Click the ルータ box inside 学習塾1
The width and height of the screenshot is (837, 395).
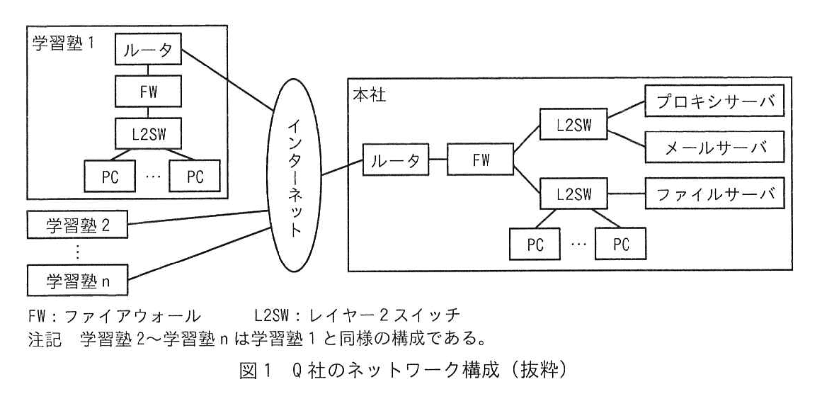[x=148, y=49]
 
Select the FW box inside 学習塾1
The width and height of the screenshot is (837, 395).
[x=148, y=91]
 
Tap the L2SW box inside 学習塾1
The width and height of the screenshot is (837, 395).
[x=148, y=133]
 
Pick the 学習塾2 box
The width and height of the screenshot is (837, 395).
[x=77, y=225]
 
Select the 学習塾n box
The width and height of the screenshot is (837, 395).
[x=77, y=281]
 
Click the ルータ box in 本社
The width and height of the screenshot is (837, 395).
[x=396, y=160]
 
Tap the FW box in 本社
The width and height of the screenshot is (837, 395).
[x=480, y=160]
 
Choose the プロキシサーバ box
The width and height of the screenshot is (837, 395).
[x=714, y=101]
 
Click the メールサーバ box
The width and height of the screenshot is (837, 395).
[x=714, y=147]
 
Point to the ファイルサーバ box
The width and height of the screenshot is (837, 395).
[x=714, y=194]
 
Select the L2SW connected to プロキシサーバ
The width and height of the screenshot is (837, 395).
[x=573, y=124]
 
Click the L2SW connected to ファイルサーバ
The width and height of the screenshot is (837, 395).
[x=573, y=194]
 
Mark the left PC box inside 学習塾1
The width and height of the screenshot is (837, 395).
[x=110, y=176]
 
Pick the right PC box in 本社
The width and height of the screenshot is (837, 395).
[x=621, y=244]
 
